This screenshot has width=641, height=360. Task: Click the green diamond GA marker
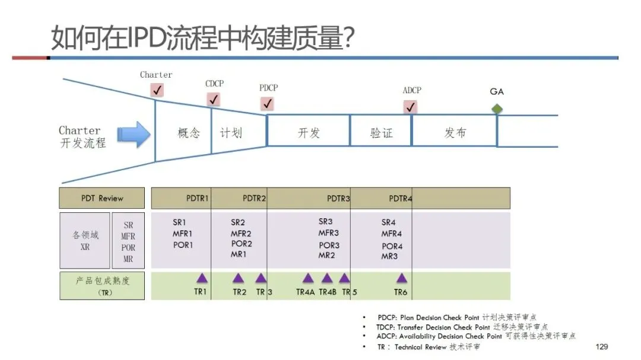(497, 108)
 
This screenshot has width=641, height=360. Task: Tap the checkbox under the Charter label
(157, 90)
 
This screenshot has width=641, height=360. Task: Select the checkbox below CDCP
(214, 99)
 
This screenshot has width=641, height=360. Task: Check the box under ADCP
(410, 107)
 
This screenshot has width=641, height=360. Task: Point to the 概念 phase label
(189, 132)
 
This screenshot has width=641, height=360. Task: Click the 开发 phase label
(309, 132)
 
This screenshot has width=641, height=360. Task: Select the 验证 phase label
(381, 132)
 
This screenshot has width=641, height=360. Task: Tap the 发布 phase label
(455, 132)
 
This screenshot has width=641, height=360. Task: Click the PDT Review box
(102, 198)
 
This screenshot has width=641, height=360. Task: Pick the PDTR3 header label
(338, 198)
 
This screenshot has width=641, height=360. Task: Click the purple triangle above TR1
(202, 278)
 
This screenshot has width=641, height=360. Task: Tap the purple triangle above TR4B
(327, 278)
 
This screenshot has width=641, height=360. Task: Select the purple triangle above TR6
(402, 278)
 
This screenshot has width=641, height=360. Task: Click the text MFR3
(328, 233)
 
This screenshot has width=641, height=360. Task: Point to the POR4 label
(392, 246)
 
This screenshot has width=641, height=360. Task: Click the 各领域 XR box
(84, 241)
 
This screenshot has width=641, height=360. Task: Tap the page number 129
(601, 346)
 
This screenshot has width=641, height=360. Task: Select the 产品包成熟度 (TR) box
(102, 286)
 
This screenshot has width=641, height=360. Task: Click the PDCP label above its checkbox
(268, 88)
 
